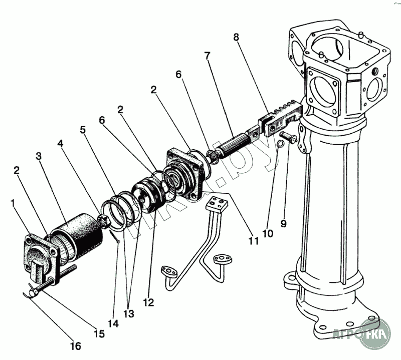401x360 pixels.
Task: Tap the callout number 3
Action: click(x=38, y=156)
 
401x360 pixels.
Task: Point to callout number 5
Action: click(x=83, y=130)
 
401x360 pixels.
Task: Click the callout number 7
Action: click(x=207, y=55)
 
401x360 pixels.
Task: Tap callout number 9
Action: click(x=283, y=223)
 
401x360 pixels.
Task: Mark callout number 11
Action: click(x=253, y=241)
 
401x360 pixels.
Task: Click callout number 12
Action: click(x=148, y=302)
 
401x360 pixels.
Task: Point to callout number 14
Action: click(x=113, y=323)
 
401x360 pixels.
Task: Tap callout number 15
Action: click(x=100, y=334)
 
